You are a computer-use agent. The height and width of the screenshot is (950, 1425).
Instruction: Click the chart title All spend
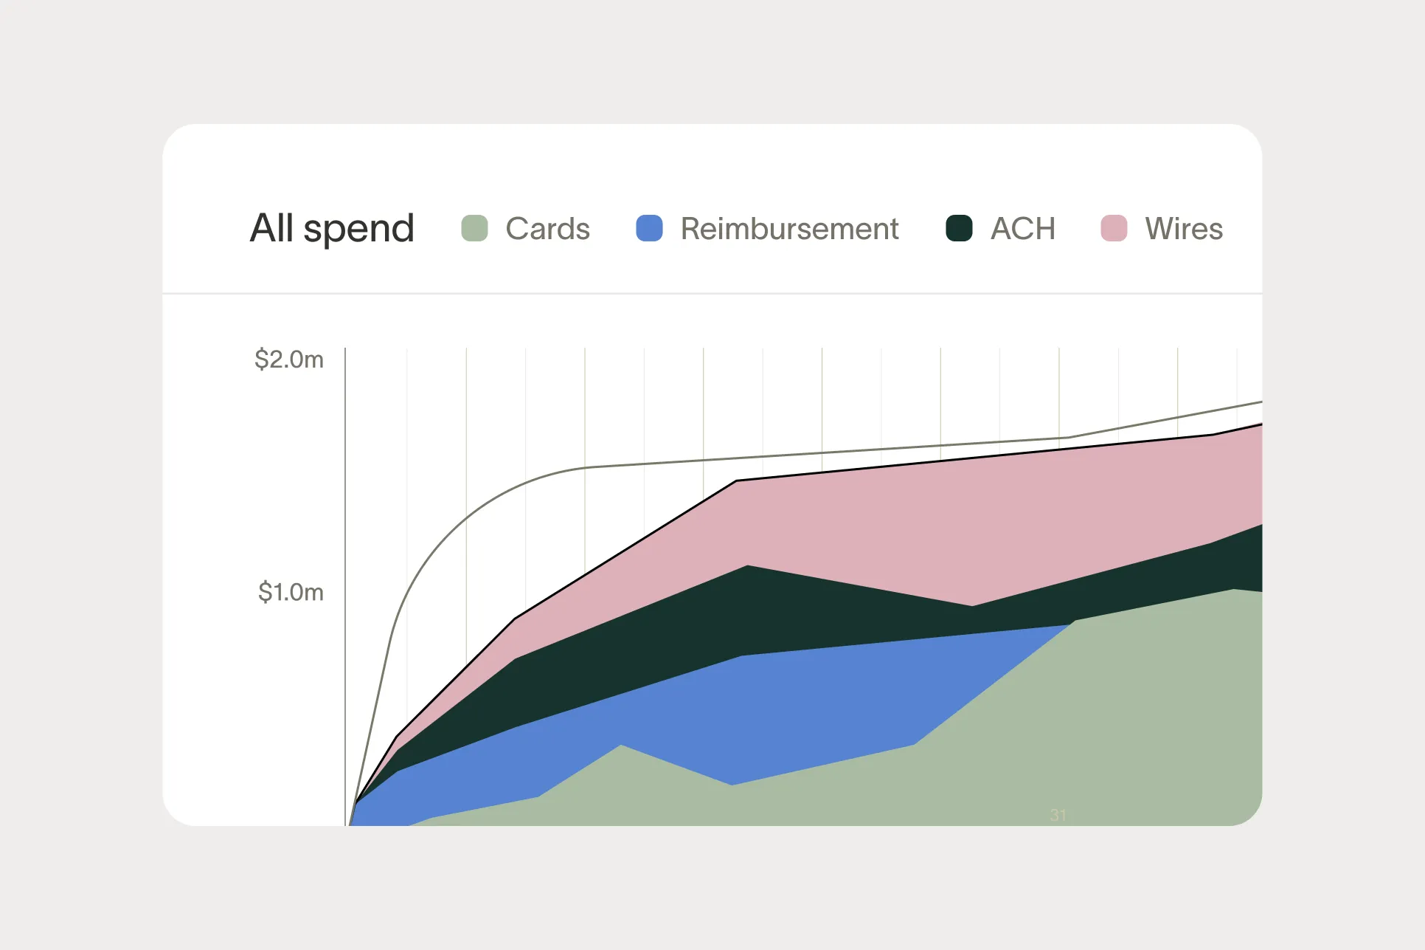tap(332, 228)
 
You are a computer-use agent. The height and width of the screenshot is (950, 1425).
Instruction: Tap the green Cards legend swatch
tap(474, 228)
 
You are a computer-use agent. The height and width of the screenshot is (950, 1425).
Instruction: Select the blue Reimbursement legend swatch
tap(649, 228)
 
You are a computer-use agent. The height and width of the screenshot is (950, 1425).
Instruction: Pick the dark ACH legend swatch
tap(959, 228)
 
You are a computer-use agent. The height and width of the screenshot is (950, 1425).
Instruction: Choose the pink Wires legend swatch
tap(1114, 228)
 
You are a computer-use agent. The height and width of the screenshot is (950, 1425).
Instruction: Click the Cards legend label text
tap(547, 229)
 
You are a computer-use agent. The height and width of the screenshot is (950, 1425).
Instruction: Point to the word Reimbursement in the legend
tap(789, 229)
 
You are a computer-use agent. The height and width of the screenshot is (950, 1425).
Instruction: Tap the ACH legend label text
tap(1023, 229)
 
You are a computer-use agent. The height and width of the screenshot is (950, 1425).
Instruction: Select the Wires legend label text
tap(1184, 229)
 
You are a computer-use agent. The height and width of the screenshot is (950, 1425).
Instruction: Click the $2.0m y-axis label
tap(289, 359)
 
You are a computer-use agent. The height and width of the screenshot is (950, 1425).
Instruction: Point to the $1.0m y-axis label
tap(291, 592)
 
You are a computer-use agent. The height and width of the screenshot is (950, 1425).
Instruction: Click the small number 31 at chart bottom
tap(1058, 815)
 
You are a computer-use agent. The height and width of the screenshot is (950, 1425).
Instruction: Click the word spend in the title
tap(359, 230)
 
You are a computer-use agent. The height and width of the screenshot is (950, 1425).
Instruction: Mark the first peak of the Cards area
tap(621, 747)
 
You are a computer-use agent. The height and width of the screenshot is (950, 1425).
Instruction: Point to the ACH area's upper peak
tap(747, 567)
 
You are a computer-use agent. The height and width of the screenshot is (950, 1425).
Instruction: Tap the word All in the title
tap(272, 228)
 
